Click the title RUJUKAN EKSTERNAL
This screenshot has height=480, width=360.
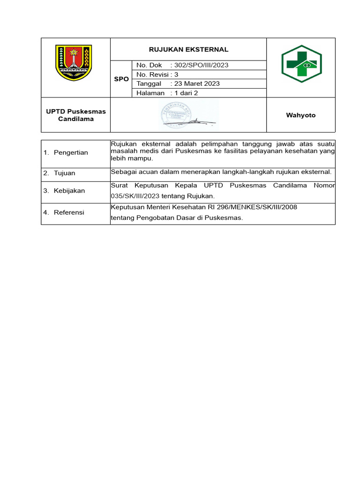[x=188, y=49]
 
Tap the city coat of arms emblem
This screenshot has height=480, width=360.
[x=74, y=63]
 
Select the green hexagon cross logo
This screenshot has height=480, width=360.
[x=301, y=64]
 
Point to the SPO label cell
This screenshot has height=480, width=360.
[x=121, y=79]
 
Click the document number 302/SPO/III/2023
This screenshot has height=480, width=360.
[x=201, y=65]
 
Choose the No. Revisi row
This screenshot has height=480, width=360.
[x=157, y=75]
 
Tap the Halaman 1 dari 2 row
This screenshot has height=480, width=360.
[x=167, y=93]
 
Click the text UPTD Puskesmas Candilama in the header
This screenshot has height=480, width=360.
[x=76, y=115]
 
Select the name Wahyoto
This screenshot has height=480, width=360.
[x=301, y=115]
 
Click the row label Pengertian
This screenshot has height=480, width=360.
[x=71, y=153]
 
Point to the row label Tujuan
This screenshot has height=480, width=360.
[x=64, y=173]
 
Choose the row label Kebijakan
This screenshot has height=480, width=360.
[x=69, y=191]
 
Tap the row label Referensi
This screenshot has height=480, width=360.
[x=69, y=212]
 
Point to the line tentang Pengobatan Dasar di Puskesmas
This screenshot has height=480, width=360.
[x=177, y=217]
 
